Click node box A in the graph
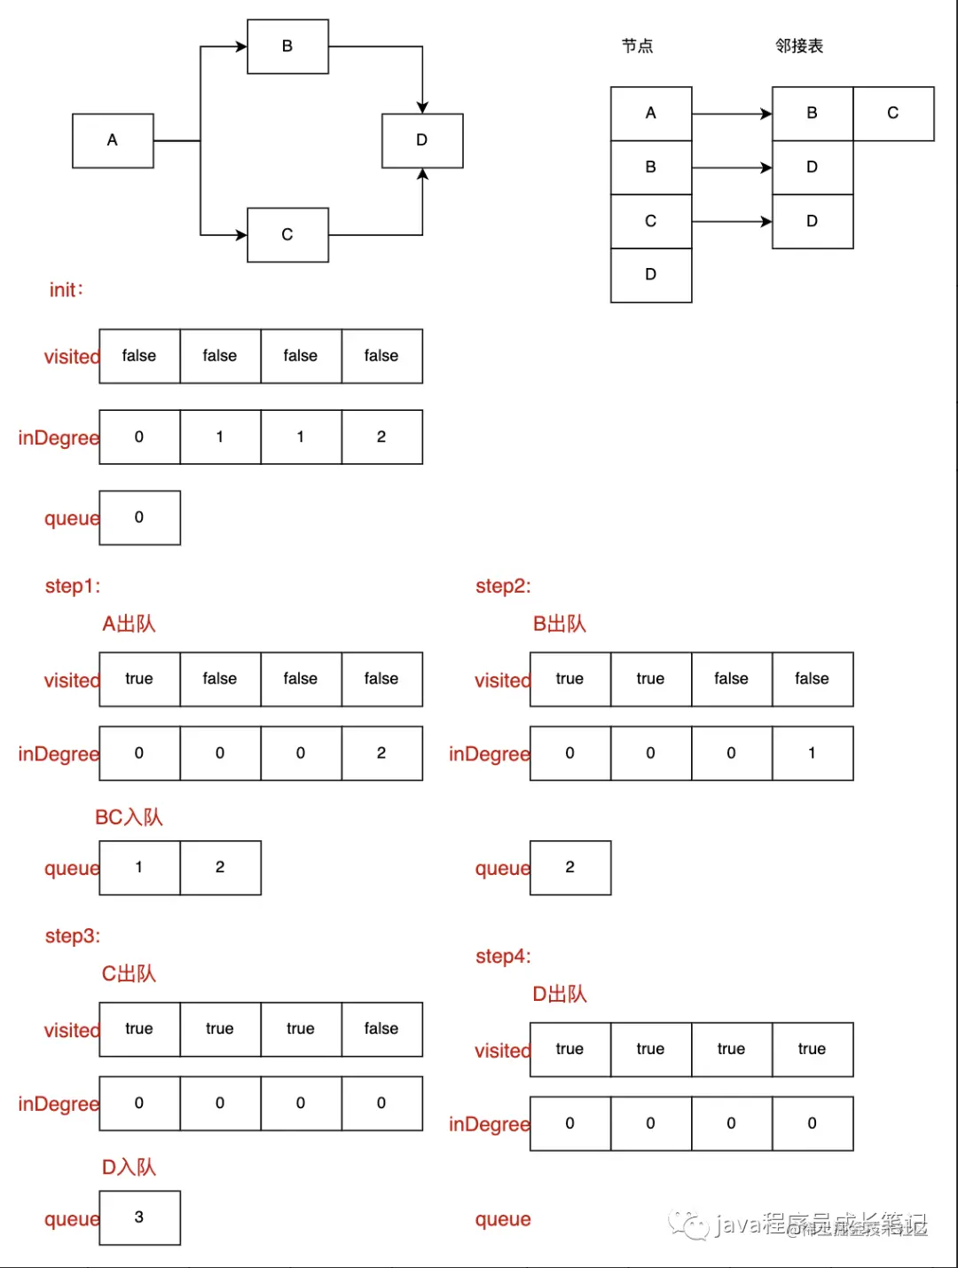click(x=113, y=140)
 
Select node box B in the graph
click(x=287, y=46)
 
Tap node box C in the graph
click(x=287, y=234)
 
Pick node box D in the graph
click(x=422, y=140)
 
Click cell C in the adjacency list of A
click(x=893, y=114)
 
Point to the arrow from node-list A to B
click(x=731, y=114)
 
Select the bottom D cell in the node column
click(x=651, y=275)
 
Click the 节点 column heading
click(x=637, y=46)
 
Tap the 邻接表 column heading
click(x=799, y=46)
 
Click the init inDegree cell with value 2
click(x=381, y=437)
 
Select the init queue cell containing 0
click(x=139, y=517)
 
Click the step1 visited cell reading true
click(x=139, y=679)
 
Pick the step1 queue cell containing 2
click(x=220, y=867)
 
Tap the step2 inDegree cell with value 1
click(x=812, y=753)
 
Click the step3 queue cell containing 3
click(x=139, y=1217)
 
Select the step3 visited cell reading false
click(x=381, y=1029)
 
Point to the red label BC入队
click(x=129, y=817)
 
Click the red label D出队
click(x=559, y=994)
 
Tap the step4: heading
click(x=503, y=957)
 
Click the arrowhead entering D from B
click(x=422, y=107)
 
